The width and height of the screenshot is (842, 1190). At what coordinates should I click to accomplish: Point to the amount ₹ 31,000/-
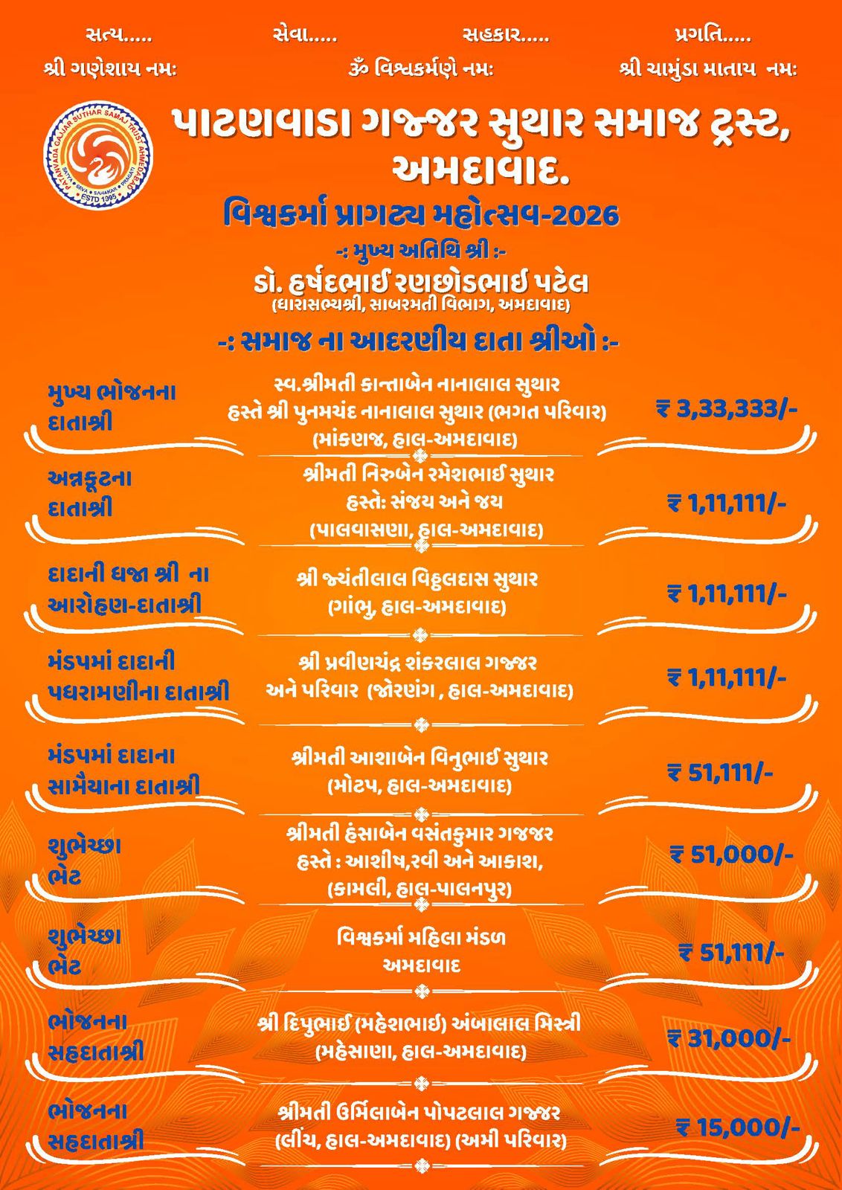point(729,1038)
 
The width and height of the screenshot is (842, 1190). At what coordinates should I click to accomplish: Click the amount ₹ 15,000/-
point(737,1128)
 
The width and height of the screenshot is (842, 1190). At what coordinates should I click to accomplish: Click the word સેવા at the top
point(296,35)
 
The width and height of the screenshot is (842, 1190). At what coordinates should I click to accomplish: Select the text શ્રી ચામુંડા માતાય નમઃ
point(707,70)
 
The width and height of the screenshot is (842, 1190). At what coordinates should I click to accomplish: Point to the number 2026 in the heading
point(584,216)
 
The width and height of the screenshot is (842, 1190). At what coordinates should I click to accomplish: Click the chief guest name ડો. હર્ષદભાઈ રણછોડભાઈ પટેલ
point(420,283)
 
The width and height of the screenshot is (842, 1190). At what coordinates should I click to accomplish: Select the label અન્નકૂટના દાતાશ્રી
point(89,492)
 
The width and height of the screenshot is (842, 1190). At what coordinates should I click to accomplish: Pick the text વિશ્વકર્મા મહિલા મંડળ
point(421,937)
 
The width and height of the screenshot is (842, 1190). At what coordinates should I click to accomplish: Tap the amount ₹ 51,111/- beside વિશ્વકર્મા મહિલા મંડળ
point(731,953)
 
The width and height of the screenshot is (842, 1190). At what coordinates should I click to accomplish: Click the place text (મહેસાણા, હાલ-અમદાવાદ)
point(420,1052)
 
